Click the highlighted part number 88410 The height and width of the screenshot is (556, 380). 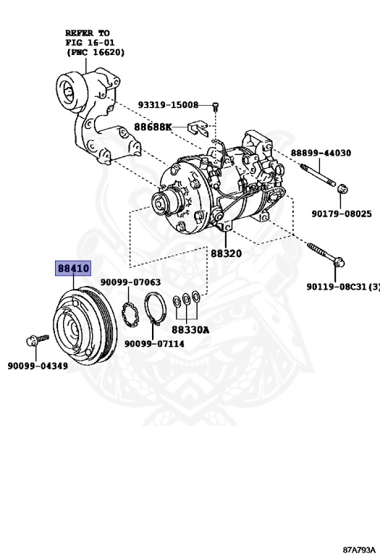click(73, 269)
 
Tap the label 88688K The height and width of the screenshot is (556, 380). click(153, 127)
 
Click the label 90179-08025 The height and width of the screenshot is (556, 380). click(342, 214)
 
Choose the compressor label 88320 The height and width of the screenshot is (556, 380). click(227, 254)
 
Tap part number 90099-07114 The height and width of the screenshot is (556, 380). click(154, 344)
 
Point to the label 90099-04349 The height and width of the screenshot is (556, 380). click(38, 366)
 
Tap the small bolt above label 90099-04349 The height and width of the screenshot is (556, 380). click(35, 339)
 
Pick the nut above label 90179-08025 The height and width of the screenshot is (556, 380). click(343, 190)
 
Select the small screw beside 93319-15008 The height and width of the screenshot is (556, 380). click(216, 107)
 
